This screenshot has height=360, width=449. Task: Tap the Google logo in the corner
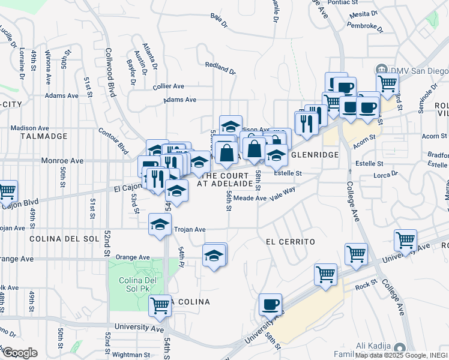[20, 352]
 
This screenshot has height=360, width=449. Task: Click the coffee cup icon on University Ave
[270, 304]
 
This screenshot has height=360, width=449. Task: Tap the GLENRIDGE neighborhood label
[315, 155]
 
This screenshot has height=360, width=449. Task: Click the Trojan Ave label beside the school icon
[190, 229]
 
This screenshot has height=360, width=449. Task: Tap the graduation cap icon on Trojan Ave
[159, 226]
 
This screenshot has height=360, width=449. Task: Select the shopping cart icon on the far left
[7, 191]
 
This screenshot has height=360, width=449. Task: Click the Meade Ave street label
[250, 197]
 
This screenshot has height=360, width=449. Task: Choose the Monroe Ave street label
[62, 161]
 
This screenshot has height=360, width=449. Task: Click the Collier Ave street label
[169, 86]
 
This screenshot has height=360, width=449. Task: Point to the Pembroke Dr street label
[365, 26]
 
